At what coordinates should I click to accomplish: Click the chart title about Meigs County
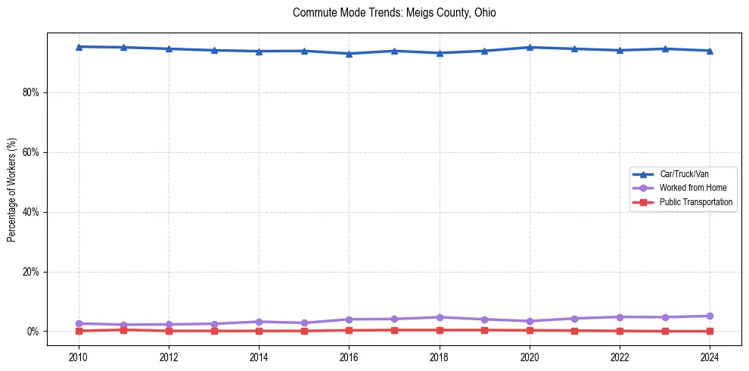pos(394,13)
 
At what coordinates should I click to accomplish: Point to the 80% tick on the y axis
pos(32,92)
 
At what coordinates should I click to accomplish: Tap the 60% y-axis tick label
pos(32,152)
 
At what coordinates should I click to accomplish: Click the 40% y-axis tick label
pos(32,212)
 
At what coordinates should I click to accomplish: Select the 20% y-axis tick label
pos(32,272)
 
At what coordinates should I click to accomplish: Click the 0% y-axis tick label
pos(34,332)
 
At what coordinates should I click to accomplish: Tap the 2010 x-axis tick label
pos(79,357)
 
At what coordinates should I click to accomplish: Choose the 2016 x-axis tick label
pos(350,357)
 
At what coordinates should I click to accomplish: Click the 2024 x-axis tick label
pos(710,357)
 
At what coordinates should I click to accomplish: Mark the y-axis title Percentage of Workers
pos(12,189)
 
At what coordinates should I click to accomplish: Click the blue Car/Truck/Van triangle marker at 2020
pos(530,47)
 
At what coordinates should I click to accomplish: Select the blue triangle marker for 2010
pos(79,46)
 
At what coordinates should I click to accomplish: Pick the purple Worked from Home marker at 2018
pos(440,317)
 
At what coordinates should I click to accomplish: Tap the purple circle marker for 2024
pos(710,316)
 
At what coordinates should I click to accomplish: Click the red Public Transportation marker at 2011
pos(124,329)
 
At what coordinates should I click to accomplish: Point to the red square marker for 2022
pos(620,331)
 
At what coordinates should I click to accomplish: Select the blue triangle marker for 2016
pos(350,54)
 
